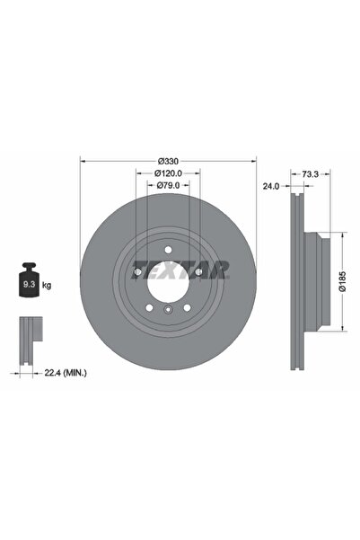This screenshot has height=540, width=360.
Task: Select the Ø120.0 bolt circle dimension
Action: click(168, 173)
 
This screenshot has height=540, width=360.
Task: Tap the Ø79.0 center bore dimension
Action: click(168, 185)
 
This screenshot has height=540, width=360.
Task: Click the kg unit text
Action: click(47, 285)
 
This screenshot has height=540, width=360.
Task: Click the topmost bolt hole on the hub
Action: click(167, 249)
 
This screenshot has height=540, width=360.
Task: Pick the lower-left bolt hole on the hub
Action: click(149, 305)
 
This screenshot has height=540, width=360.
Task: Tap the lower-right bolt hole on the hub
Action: click(186, 305)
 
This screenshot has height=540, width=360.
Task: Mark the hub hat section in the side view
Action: click(313, 281)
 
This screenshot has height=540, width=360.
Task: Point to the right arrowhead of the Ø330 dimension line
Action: click(253, 161)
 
